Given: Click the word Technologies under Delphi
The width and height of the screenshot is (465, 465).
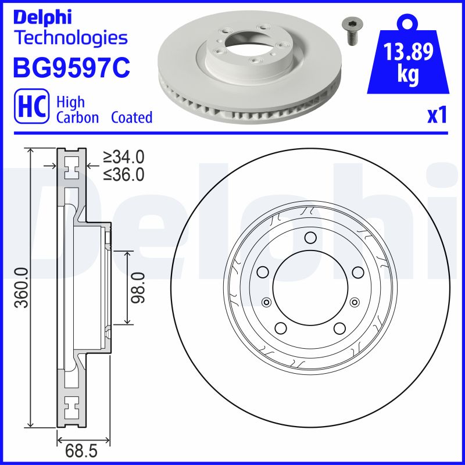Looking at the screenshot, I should tap(70, 38).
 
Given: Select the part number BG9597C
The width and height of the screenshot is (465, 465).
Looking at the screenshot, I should tap(71, 67).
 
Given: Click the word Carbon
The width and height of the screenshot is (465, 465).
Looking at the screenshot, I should tap(78, 117).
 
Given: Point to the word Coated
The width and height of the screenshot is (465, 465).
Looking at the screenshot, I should tap(131, 117).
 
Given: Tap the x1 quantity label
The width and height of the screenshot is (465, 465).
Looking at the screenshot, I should tap(437, 116).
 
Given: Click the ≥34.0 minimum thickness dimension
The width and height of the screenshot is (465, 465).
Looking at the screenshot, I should tap(123, 157).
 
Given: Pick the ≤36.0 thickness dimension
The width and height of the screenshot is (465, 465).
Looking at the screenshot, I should tap(123, 174).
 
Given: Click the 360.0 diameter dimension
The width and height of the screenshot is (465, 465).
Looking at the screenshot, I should tap(22, 288).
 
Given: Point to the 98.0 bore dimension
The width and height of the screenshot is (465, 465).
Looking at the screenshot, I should tap(138, 288).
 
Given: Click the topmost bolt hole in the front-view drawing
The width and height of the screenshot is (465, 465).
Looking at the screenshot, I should tap(310, 237).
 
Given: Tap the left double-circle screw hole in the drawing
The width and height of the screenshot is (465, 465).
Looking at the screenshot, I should tap(266, 301).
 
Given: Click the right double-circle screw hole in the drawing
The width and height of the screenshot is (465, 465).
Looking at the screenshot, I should tap(354, 301).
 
